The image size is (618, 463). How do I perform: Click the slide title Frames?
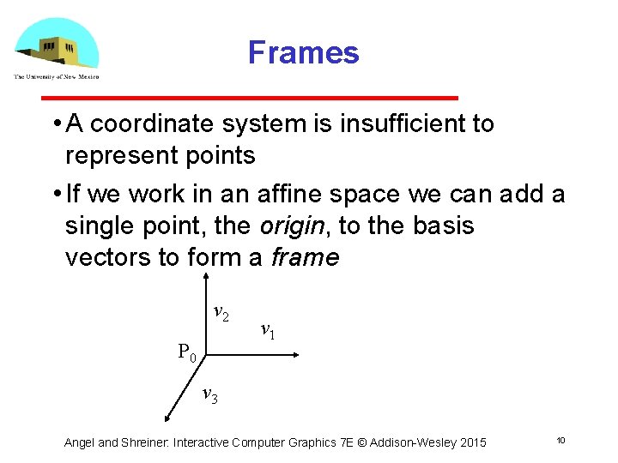click(x=303, y=53)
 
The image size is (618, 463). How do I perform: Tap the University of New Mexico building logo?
click(x=57, y=46)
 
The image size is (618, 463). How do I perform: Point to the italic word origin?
click(x=291, y=226)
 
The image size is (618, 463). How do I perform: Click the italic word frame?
click(x=305, y=257)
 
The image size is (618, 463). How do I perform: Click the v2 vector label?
click(x=221, y=314)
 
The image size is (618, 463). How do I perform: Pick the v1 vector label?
click(x=267, y=330)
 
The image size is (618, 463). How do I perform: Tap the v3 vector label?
click(x=209, y=395)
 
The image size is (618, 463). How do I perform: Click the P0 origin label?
click(x=187, y=352)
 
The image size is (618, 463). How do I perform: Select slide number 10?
click(x=560, y=441)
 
